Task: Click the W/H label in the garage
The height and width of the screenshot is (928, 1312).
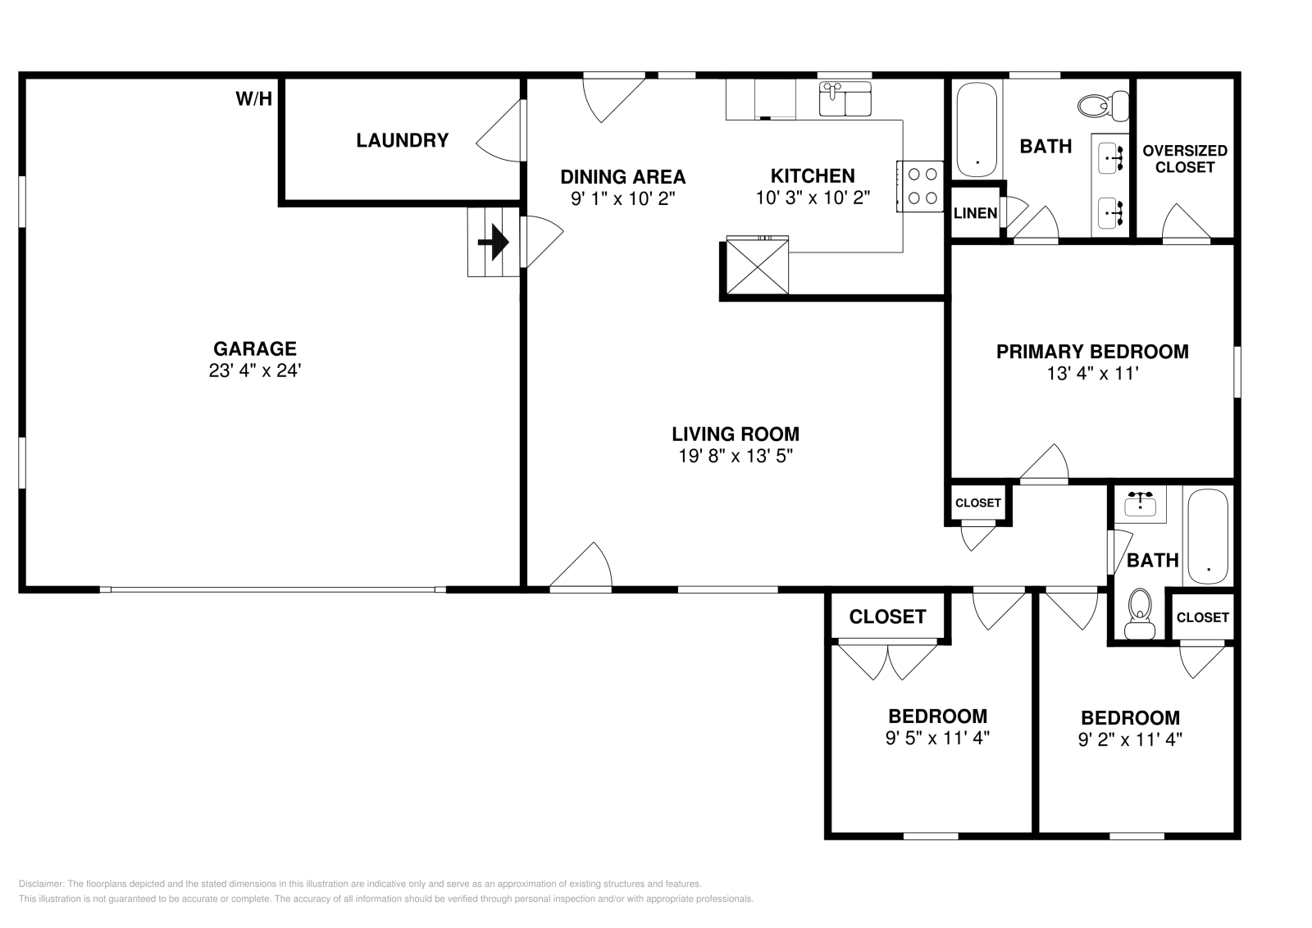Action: pyautogui.click(x=253, y=99)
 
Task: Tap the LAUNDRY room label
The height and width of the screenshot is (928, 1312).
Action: pyautogui.click(x=403, y=140)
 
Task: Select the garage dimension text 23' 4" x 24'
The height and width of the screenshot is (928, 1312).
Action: pyautogui.click(x=255, y=371)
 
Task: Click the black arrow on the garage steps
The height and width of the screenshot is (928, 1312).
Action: pyautogui.click(x=493, y=242)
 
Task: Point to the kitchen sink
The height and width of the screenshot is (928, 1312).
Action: pyautogui.click(x=845, y=99)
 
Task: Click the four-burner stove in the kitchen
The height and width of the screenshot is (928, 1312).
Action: pyautogui.click(x=920, y=186)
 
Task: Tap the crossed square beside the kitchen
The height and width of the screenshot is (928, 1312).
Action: pyautogui.click(x=758, y=266)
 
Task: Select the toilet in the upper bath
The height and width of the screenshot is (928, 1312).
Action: pyautogui.click(x=1103, y=106)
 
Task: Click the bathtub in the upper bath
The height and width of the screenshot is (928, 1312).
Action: pyautogui.click(x=977, y=130)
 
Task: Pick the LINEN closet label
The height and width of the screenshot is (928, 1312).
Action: pyautogui.click(x=975, y=213)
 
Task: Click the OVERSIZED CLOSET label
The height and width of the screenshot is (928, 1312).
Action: pyautogui.click(x=1185, y=159)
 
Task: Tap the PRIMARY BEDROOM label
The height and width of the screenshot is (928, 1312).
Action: pyautogui.click(x=1092, y=352)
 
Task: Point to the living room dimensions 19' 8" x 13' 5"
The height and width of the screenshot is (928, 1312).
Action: pyautogui.click(x=736, y=456)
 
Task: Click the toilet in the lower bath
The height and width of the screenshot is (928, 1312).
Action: pyautogui.click(x=1139, y=613)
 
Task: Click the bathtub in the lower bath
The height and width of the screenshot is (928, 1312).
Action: pyautogui.click(x=1208, y=537)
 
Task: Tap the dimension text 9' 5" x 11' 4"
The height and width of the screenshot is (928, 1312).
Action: pyautogui.click(x=937, y=739)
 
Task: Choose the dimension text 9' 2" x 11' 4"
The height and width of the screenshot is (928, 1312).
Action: pyautogui.click(x=1130, y=740)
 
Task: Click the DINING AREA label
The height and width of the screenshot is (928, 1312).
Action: pyautogui.click(x=622, y=177)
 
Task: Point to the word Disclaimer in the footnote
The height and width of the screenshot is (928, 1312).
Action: pyautogui.click(x=41, y=884)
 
